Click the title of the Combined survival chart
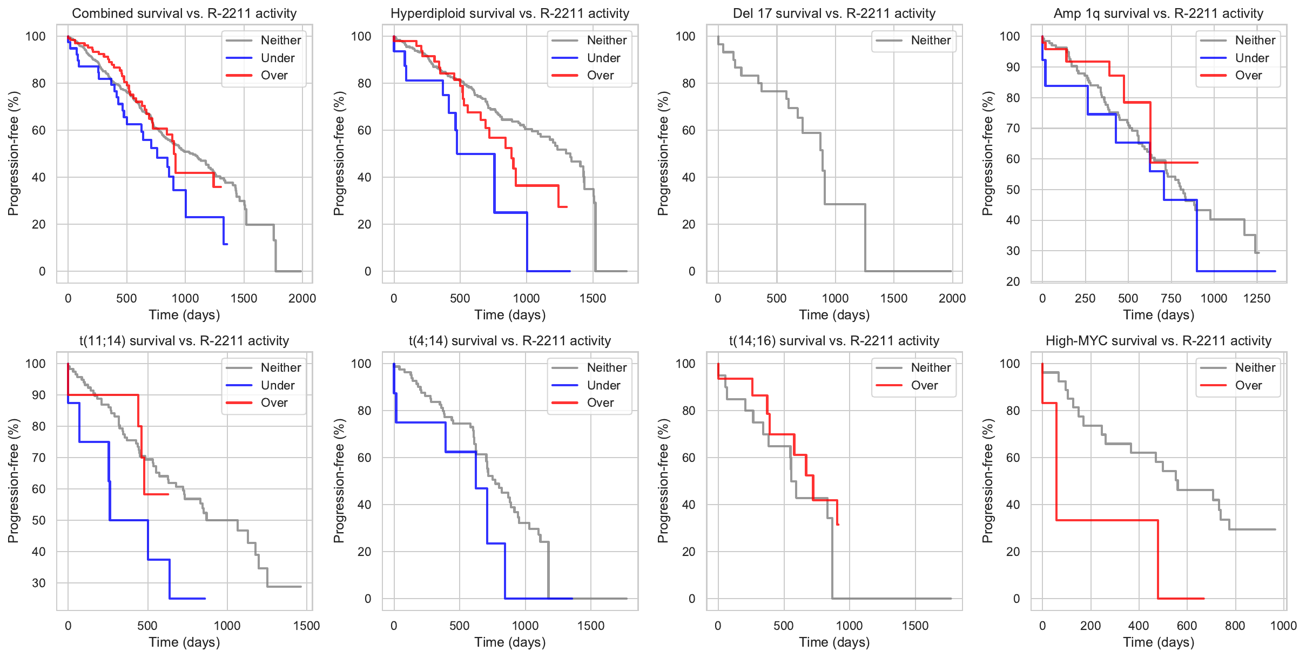pyautogui.click(x=184, y=14)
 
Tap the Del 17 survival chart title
pyautogui.click(x=834, y=14)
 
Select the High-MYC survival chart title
pyautogui.click(x=1159, y=341)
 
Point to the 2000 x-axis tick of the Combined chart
pyautogui.click(x=302, y=298)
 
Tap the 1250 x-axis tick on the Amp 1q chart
pyautogui.click(x=1257, y=298)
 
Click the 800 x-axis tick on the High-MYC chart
pyautogui.click(x=1235, y=626)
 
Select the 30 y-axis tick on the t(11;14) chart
pyautogui.click(x=39, y=583)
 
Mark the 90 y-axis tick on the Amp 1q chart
pyautogui.click(x=1009, y=68)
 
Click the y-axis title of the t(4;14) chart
pyautogui.click(x=339, y=481)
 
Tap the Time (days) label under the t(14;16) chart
pyautogui.click(x=834, y=642)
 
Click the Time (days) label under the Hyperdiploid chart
pyautogui.click(x=510, y=315)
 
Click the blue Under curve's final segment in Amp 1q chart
pyautogui.click(x=1237, y=271)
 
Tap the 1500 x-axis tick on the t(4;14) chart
pyautogui.click(x=591, y=626)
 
